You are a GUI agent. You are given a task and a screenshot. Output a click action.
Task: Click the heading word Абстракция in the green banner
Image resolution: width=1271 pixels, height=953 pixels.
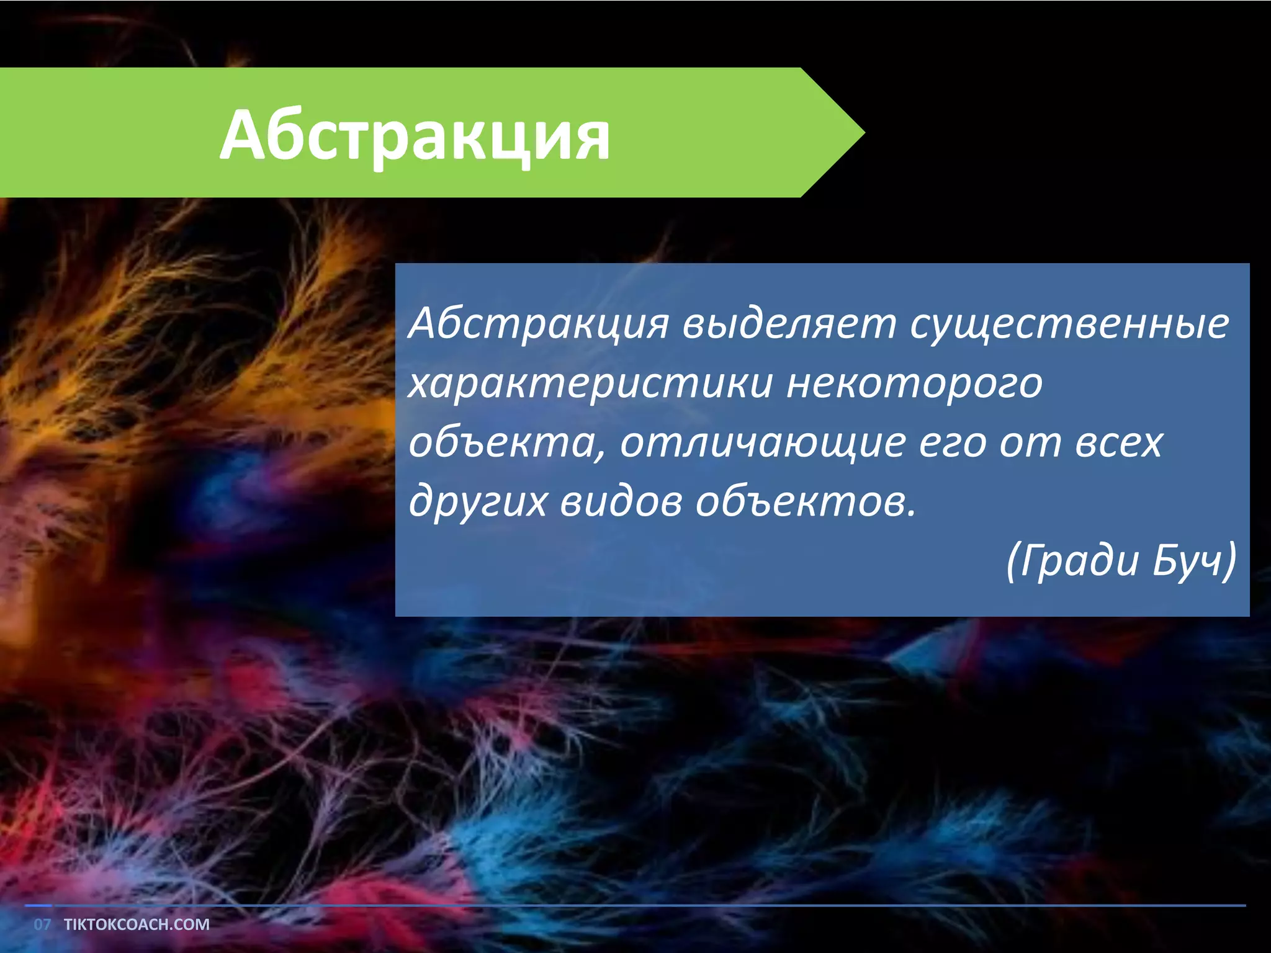click(x=415, y=135)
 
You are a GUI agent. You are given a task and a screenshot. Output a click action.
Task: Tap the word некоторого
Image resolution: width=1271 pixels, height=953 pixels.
click(x=914, y=383)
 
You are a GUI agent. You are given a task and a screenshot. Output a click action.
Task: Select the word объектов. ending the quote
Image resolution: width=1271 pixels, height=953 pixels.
click(x=805, y=501)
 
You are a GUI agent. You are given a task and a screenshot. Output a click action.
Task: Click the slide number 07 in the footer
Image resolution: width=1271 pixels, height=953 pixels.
click(x=42, y=924)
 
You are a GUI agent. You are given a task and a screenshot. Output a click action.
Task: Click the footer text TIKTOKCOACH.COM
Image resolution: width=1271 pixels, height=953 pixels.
click(x=137, y=924)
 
